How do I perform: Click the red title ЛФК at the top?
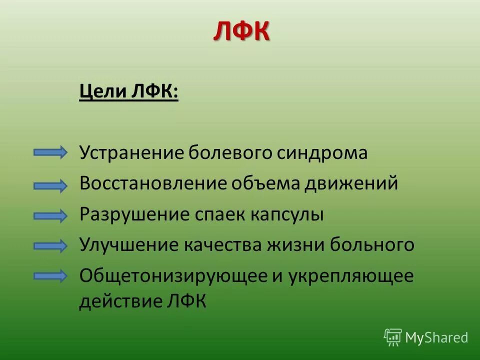click(241, 32)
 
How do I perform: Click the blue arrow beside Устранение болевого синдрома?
click(50, 152)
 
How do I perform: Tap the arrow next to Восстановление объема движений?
click(50, 185)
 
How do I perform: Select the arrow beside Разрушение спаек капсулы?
click(50, 215)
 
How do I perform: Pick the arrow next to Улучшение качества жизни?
click(50, 245)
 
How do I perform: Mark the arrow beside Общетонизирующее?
click(50, 275)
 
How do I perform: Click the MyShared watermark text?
click(436, 337)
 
